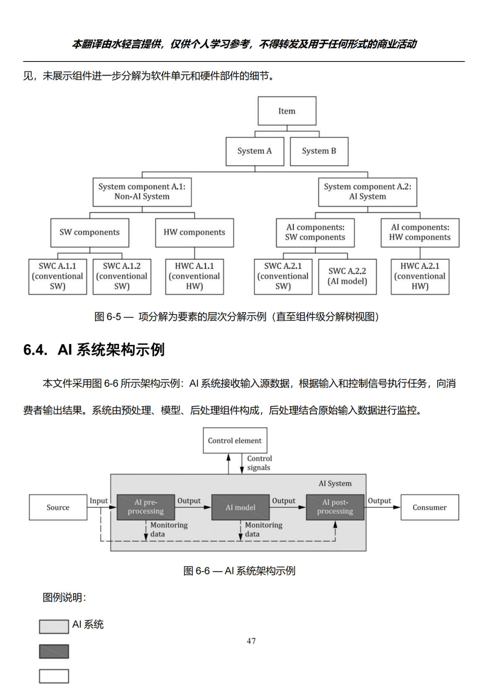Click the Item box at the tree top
pos(287,111)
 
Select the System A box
pos(255,152)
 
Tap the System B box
pos(319,152)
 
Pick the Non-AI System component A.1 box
pos(142,192)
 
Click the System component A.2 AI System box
pos(367,192)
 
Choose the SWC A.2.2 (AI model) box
pos(347,276)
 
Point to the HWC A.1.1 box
pos(194,276)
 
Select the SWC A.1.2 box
pos(122,276)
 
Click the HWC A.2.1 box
pos(420,276)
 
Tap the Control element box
pos(235,440)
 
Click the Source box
pos(58,507)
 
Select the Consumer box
pos(430,507)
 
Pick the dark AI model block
pos(240,507)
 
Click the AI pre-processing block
pos(145,507)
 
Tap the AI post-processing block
pos(335,507)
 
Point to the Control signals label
pos(259,463)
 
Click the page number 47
pos(251,641)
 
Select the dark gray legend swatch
pos(54,652)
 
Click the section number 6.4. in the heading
pos(35,350)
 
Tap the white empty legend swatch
pos(54,676)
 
